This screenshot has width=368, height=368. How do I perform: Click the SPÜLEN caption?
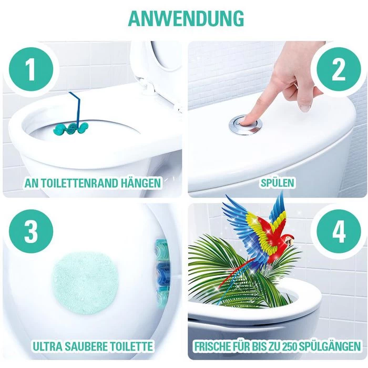tap(278, 183)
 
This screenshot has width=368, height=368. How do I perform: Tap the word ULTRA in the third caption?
tap(48, 347)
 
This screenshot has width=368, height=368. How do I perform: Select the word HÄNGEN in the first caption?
tap(141, 183)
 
